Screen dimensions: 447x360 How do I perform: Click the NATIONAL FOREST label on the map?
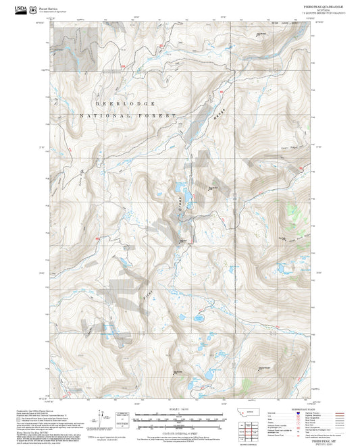[127, 116]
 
